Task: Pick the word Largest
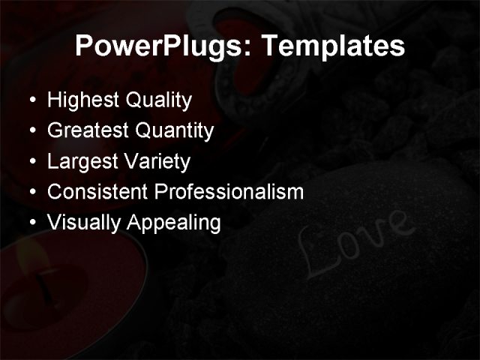(77, 162)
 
